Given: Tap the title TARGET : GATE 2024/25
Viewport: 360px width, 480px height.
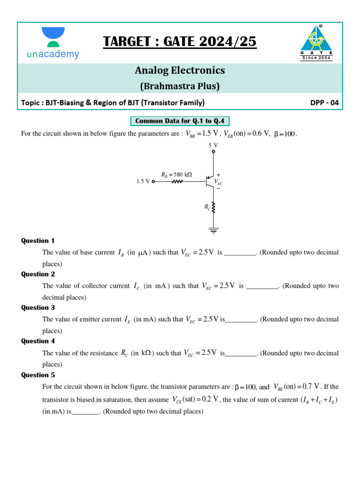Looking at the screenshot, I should point(180,42).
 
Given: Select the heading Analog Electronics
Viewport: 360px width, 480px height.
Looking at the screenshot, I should point(180,70).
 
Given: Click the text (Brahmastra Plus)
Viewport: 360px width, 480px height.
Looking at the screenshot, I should point(180,86).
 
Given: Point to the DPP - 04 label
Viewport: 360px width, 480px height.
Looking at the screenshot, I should point(324,103).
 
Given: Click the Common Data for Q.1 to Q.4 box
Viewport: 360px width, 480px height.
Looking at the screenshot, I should point(180,121).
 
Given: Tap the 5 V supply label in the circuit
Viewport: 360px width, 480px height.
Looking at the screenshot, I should point(213,145).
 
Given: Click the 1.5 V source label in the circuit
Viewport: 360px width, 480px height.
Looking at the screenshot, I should point(143,181).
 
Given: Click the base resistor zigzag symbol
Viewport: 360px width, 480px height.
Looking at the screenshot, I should point(177,181).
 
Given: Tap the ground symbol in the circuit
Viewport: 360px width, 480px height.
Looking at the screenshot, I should point(214,230).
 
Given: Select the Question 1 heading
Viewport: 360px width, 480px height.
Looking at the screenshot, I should point(38,240).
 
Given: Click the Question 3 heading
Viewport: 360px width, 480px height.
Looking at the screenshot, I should point(38,307).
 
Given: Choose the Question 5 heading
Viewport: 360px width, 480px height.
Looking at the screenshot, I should point(38,375).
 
